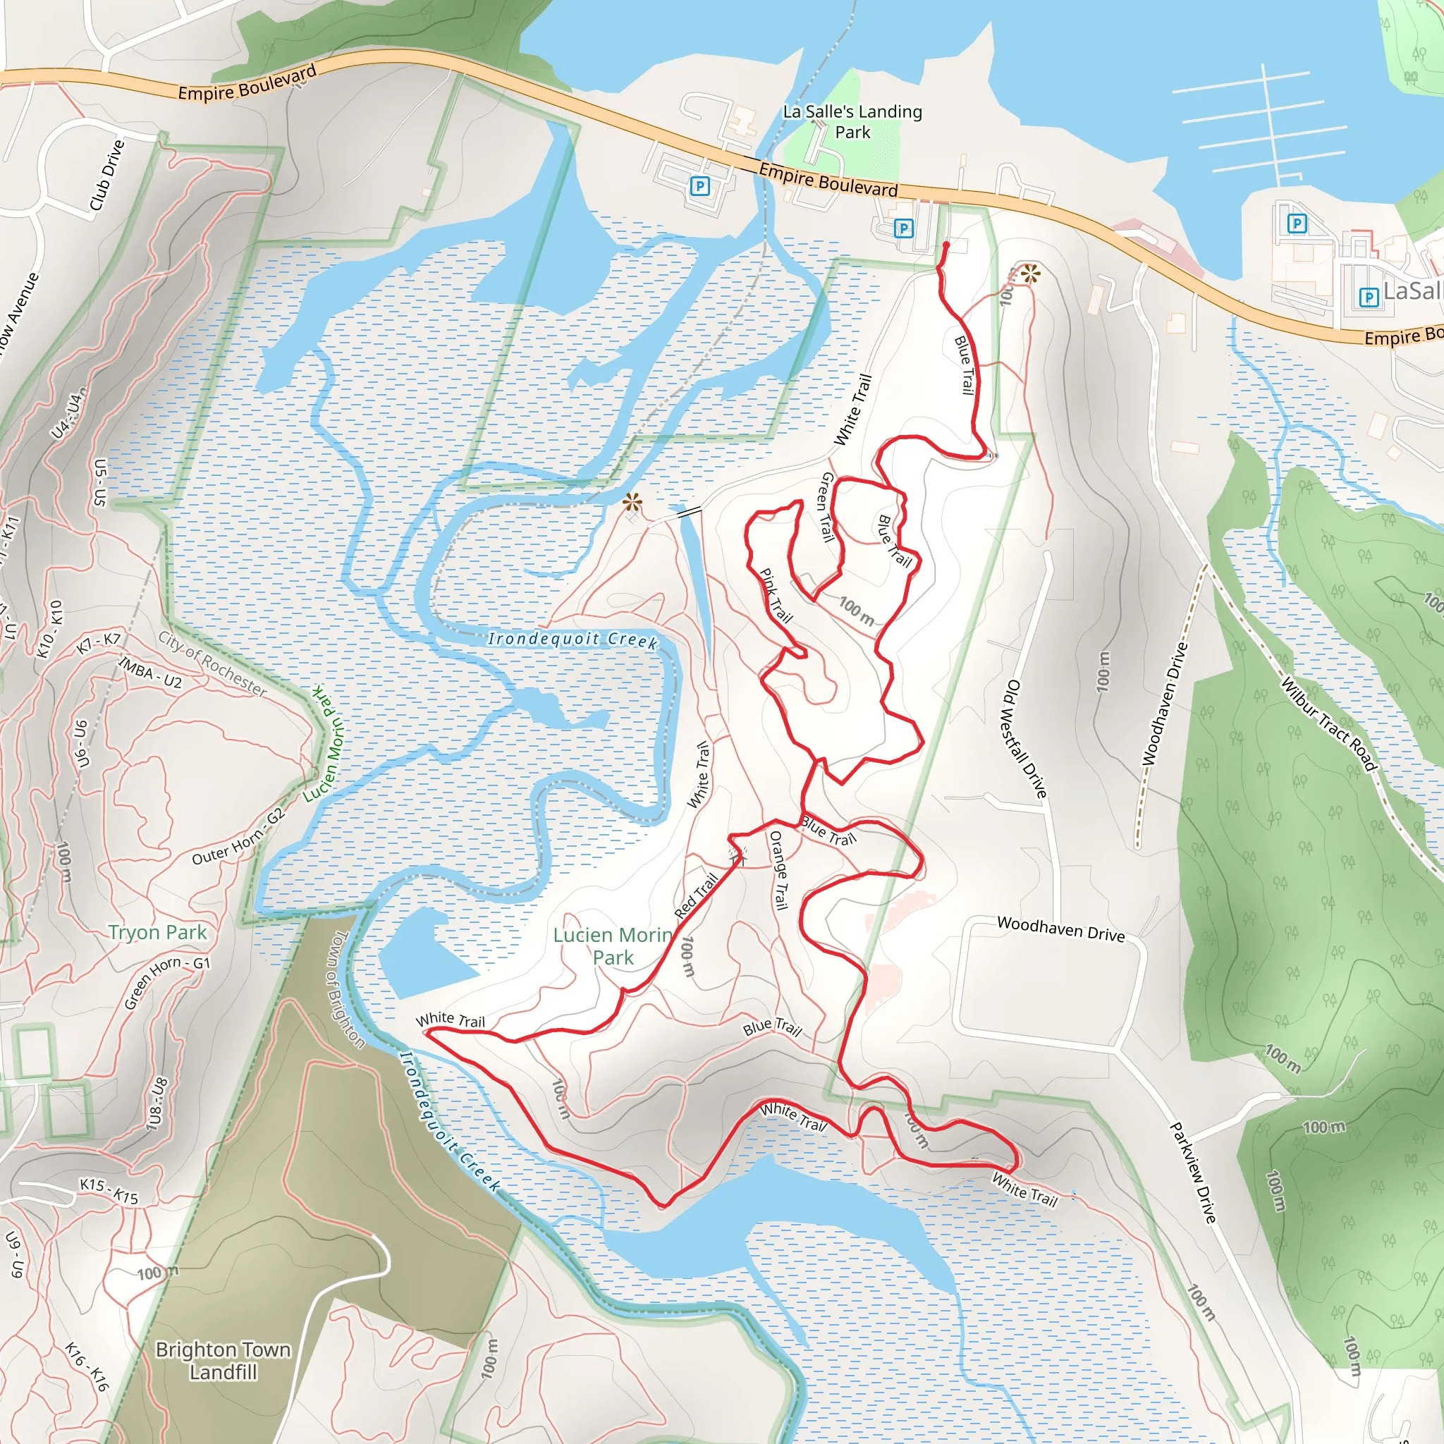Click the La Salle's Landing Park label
852,122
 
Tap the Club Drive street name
107,175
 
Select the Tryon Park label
157,932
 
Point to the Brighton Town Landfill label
223,1360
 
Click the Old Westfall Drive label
1024,738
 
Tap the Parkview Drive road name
1193,1172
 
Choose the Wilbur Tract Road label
1329,723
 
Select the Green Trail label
826,506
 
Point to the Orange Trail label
779,870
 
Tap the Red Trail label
696,896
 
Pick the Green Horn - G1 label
166,981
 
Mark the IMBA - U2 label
150,671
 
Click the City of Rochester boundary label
212,663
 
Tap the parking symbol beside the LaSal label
1369,298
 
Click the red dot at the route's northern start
946,245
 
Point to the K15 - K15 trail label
109,1191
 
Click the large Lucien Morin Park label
613,946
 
